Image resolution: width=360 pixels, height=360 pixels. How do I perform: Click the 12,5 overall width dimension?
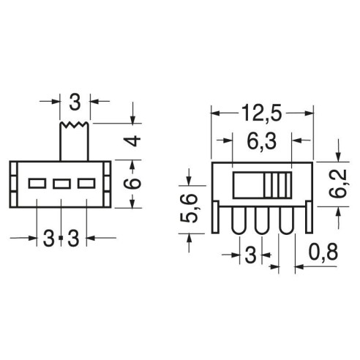262,113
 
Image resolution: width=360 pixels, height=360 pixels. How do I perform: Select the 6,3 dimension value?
262,142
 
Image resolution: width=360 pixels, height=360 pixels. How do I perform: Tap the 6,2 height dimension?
338,184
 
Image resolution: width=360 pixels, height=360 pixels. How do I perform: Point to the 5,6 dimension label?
188,208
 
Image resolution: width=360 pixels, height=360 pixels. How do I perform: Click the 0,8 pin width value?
323,252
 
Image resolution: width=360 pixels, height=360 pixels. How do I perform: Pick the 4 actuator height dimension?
132,141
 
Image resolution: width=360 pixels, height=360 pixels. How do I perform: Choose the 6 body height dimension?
132,184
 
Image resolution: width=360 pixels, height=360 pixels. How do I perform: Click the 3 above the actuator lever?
75,102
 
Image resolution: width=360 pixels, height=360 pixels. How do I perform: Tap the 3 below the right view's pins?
250,255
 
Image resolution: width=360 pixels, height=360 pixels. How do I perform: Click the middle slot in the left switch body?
61,184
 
